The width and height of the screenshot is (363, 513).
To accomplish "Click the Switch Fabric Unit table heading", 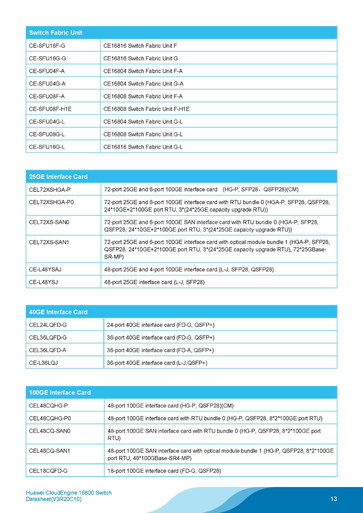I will coord(56,33).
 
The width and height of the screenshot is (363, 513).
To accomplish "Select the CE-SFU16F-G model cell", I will coord(47,46).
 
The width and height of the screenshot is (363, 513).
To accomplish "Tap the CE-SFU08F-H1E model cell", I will coord(50,109).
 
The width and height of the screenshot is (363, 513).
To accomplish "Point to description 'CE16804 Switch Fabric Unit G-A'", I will coord(143,84).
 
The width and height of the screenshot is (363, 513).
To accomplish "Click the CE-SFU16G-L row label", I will coord(47,147).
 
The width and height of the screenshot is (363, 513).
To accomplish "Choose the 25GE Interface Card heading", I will coord(58,177).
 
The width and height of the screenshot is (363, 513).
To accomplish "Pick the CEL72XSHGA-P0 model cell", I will coord(51,202).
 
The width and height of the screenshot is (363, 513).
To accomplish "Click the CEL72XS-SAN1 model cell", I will coord(49,242).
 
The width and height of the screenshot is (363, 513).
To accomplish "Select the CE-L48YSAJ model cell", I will coord(45,269).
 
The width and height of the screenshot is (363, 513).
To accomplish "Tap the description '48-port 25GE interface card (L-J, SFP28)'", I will coord(154,282).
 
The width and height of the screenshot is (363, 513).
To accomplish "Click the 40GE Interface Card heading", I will coord(58,312).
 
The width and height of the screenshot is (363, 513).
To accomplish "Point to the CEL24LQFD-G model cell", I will coord(48,325).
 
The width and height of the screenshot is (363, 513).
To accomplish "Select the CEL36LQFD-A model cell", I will coord(48,350).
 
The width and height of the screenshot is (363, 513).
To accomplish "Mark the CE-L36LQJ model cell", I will coord(43,363).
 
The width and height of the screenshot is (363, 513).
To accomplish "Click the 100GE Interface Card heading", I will coord(60,392).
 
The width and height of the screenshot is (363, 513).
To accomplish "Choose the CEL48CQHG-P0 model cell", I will coord(50,418).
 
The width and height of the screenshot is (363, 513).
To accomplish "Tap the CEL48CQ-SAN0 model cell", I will coord(50,431).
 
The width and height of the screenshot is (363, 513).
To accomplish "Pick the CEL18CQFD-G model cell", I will coord(48,471).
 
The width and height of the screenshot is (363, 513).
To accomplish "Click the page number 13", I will coord(334,499).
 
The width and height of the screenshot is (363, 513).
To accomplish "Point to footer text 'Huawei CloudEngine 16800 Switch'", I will coord(69,493).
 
